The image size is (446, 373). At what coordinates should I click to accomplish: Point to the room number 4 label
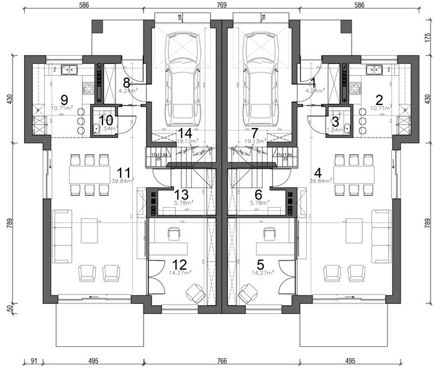coord(319,172)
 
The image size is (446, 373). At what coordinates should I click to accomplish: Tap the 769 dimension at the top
coord(222,5)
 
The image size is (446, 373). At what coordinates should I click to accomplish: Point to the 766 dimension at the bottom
coord(222,361)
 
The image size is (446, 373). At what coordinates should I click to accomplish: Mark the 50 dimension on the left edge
coord(9,308)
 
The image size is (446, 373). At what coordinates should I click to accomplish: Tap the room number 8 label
coord(126,82)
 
